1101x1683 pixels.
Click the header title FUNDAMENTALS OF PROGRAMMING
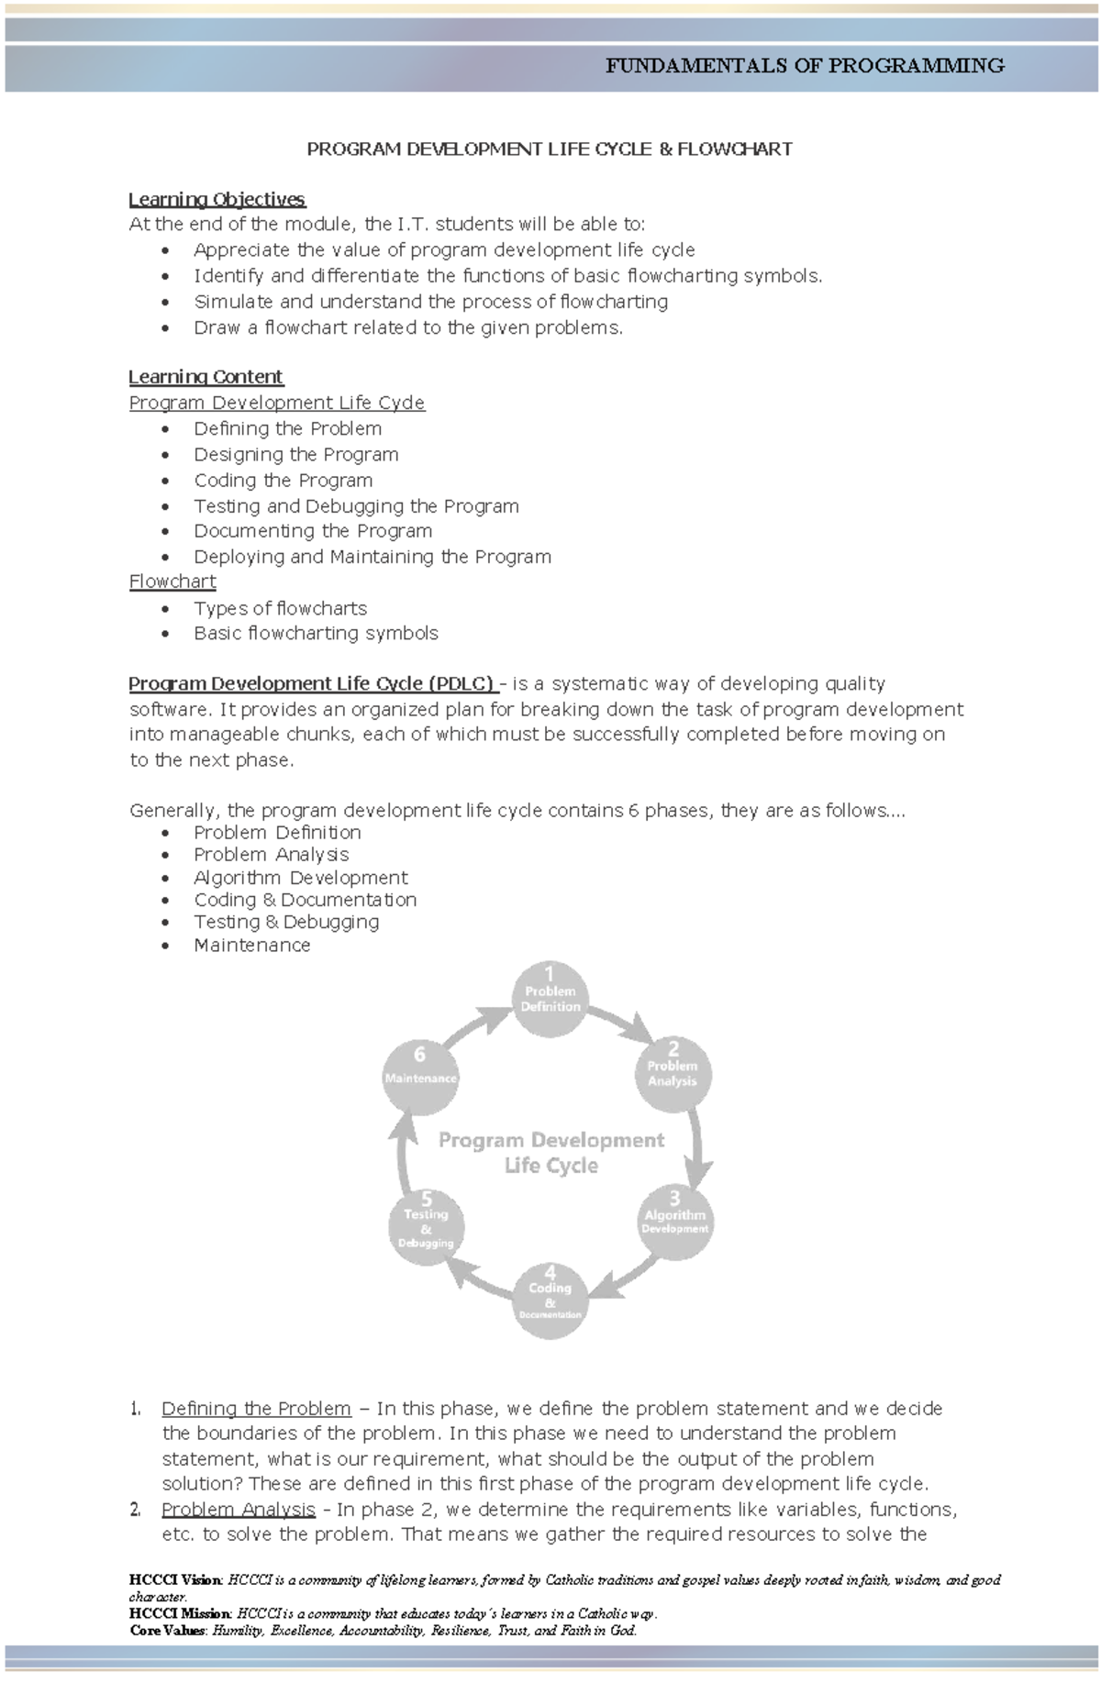tap(805, 66)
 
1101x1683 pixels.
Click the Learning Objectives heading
tap(217, 199)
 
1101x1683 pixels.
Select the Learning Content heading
tap(206, 377)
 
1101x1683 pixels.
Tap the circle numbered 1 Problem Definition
tap(550, 998)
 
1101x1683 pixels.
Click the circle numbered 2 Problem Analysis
tap(673, 1072)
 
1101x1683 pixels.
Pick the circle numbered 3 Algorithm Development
tap(675, 1220)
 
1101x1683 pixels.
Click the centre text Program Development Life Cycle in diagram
tap(551, 1153)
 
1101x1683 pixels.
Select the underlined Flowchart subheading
tap(172, 581)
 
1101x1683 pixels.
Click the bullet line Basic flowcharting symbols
tap(316, 633)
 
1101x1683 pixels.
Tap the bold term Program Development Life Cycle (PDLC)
tap(312, 683)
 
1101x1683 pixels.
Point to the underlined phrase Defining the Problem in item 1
tap(256, 1408)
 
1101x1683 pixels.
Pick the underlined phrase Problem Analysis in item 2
tap(238, 1509)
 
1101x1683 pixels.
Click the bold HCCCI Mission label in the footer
tap(181, 1613)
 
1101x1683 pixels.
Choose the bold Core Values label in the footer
tap(170, 1630)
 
